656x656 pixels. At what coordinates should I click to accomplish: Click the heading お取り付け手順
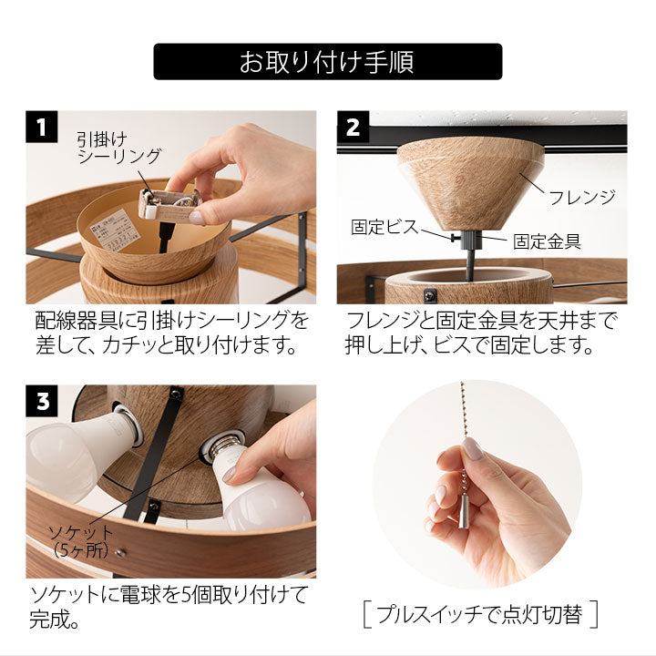click(327, 62)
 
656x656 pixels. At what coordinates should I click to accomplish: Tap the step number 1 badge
click(41, 127)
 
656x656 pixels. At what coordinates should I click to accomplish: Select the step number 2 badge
click(353, 127)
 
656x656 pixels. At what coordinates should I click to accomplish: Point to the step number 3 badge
click(41, 401)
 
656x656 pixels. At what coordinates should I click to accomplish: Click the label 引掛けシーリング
click(118, 148)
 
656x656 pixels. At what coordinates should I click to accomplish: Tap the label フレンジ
click(582, 197)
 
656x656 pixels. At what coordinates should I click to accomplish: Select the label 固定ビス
click(384, 227)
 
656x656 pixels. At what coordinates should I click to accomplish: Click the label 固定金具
click(547, 241)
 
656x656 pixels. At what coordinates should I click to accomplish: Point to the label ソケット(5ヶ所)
click(81, 541)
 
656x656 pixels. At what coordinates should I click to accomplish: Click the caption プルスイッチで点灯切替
click(479, 615)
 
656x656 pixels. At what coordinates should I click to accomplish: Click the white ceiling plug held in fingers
click(169, 204)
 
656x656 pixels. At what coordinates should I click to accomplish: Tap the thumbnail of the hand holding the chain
click(477, 485)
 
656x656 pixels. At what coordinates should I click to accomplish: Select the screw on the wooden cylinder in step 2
click(430, 296)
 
